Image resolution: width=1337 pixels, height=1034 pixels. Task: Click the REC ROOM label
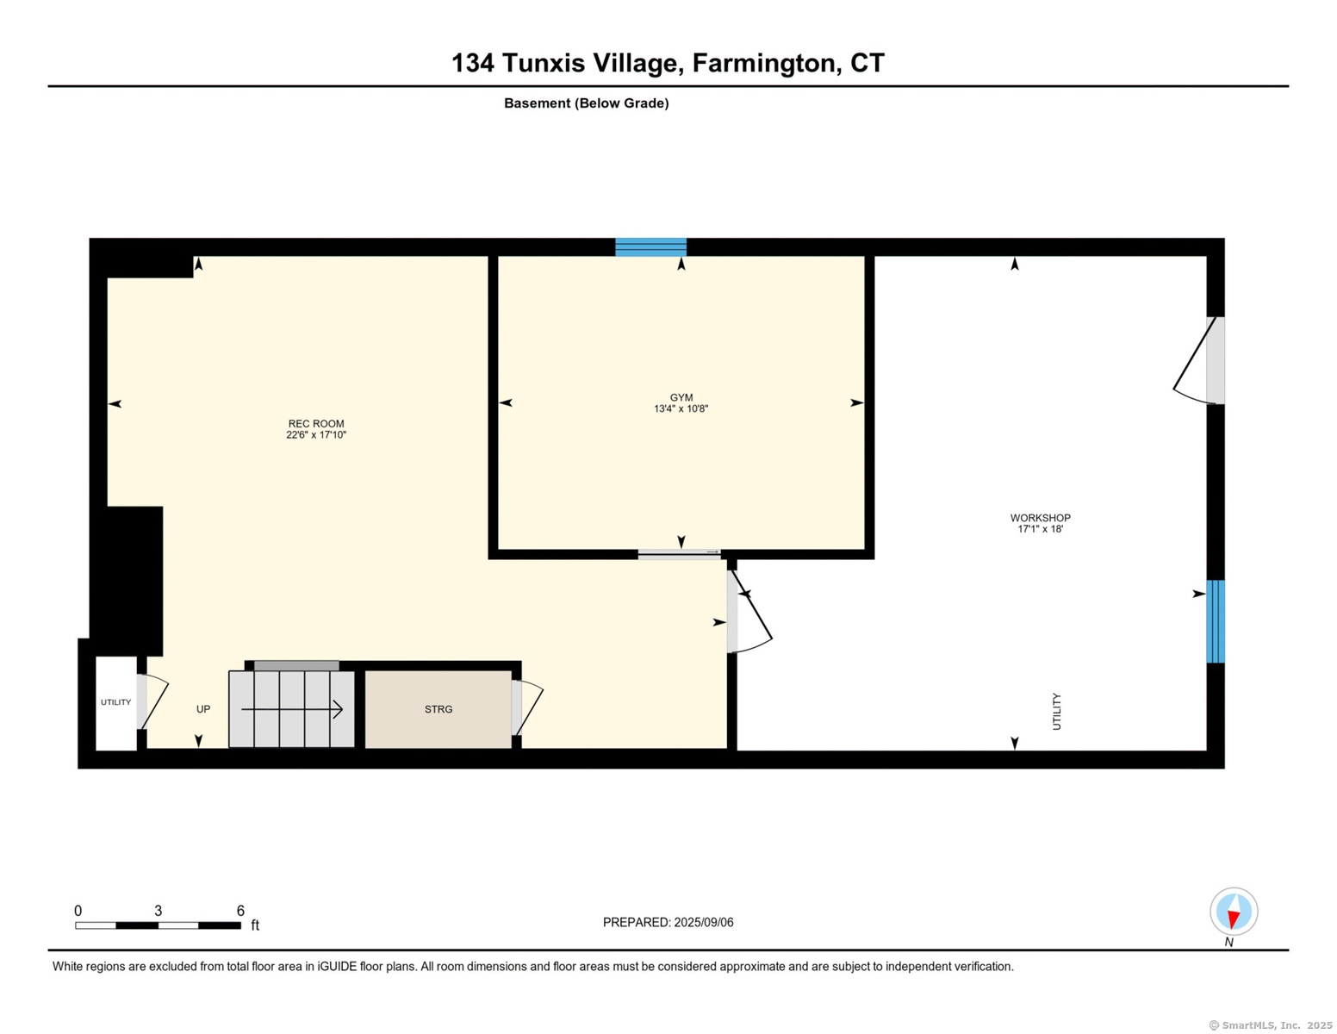(x=315, y=423)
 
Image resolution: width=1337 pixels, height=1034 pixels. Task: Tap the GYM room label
(x=681, y=397)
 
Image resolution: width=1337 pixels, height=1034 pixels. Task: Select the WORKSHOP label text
(x=1040, y=518)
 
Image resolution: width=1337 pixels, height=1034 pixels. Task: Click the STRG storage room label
(x=438, y=709)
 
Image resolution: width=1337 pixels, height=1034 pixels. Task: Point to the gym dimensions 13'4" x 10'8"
(x=681, y=408)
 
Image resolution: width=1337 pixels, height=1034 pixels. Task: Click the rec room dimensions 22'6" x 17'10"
(x=316, y=435)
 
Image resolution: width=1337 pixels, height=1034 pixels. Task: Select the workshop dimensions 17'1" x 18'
(x=1040, y=529)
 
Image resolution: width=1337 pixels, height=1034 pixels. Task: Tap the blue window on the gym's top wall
(x=651, y=246)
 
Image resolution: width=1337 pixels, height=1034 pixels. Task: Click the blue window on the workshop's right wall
(x=1216, y=621)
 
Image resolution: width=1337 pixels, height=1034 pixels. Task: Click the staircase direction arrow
(x=292, y=709)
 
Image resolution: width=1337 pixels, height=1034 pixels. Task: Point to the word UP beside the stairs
(x=203, y=709)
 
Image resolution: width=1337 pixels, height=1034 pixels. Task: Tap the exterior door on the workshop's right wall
(x=1198, y=360)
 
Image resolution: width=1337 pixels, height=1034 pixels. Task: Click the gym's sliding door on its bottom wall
(x=679, y=553)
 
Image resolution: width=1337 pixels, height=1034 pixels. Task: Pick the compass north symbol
(x=1234, y=912)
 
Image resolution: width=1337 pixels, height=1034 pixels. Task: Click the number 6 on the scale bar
(x=240, y=911)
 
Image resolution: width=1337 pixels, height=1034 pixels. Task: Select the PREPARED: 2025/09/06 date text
(x=668, y=922)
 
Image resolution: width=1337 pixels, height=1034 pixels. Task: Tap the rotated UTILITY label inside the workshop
(x=1056, y=712)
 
